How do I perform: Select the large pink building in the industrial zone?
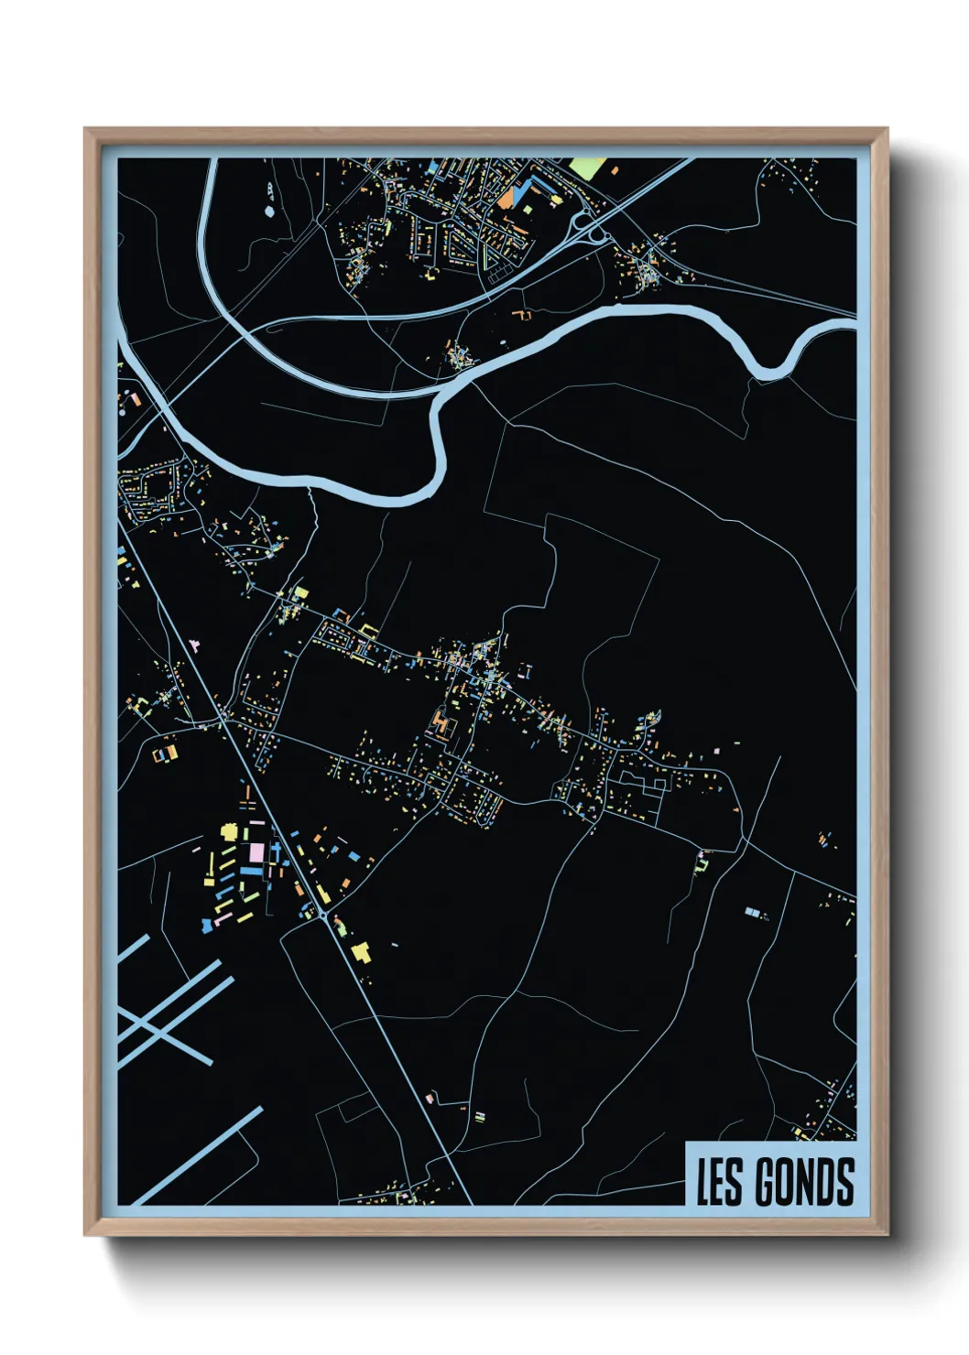click(256, 852)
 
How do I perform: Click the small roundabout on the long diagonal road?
click(323, 913)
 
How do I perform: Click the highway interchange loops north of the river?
click(591, 229)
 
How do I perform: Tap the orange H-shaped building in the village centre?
click(442, 726)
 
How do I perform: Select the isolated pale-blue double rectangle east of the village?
click(753, 912)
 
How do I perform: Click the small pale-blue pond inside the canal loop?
click(268, 211)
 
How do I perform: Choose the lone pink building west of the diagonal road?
click(193, 645)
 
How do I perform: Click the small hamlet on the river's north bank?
click(460, 353)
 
